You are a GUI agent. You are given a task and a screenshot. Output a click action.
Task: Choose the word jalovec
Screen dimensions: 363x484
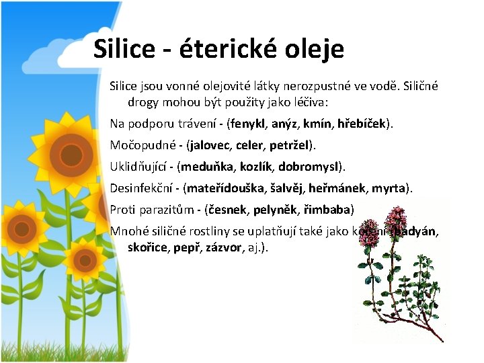point(213,145)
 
